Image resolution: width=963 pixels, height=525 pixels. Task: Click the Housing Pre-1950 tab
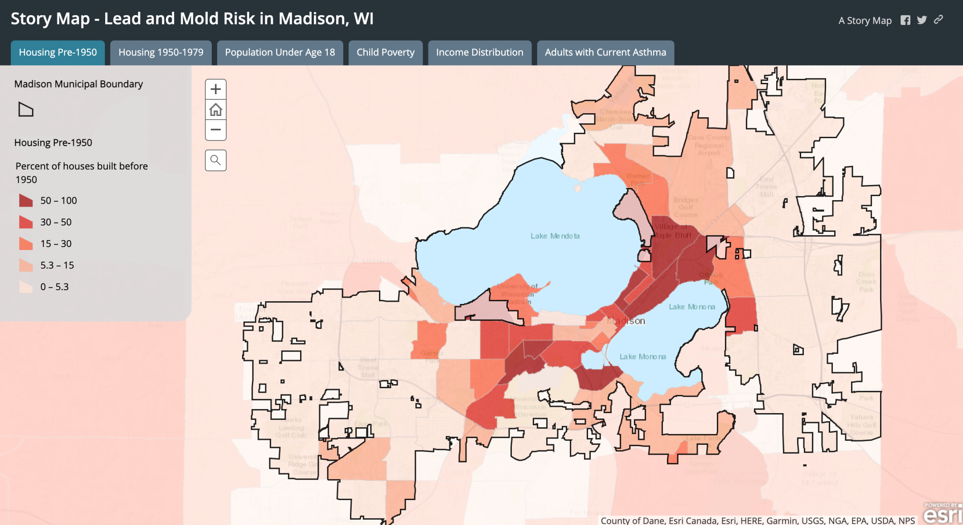click(x=58, y=53)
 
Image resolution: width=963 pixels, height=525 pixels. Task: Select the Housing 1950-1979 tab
click(x=160, y=53)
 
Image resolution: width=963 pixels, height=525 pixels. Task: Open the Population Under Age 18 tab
click(x=280, y=53)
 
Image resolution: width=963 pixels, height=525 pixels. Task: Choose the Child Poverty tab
click(x=385, y=53)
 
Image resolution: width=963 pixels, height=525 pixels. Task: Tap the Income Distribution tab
click(x=479, y=53)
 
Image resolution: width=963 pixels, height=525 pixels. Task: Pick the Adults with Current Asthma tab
click(x=605, y=53)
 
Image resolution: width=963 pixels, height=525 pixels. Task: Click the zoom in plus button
click(x=216, y=89)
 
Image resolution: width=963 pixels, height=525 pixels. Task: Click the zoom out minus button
click(x=216, y=130)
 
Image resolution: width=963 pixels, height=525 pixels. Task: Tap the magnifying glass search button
click(x=216, y=160)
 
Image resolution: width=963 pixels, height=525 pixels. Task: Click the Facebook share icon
click(x=905, y=20)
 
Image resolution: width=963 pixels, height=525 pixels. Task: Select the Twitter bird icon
click(x=922, y=20)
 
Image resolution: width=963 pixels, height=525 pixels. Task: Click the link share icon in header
click(x=938, y=20)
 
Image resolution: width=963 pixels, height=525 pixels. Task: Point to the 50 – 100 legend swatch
click(x=26, y=201)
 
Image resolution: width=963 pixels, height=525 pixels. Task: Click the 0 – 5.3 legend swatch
click(x=26, y=287)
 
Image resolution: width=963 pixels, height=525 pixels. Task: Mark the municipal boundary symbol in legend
click(x=26, y=109)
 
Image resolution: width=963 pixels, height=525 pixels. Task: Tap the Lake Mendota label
click(x=555, y=236)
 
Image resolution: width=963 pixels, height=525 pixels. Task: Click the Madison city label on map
click(x=626, y=321)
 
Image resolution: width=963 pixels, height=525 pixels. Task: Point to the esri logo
click(x=942, y=514)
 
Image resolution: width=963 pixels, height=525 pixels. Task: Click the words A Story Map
click(x=865, y=21)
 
